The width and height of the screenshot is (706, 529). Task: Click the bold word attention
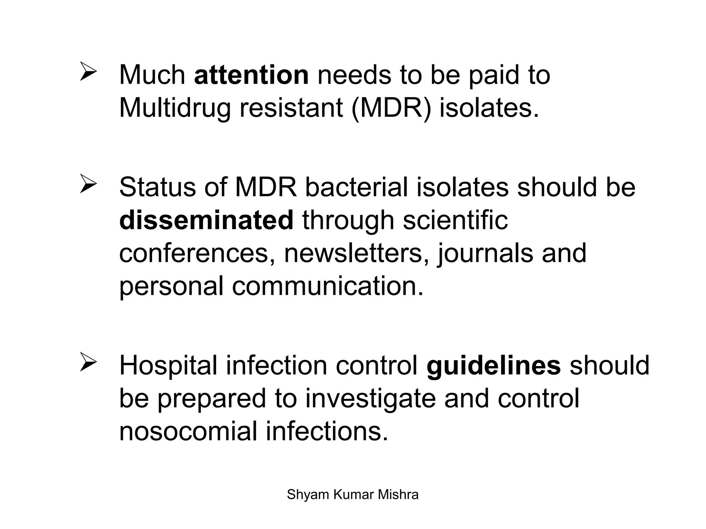click(x=251, y=75)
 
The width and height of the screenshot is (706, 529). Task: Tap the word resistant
click(x=291, y=107)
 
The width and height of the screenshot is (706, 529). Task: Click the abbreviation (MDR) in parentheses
click(x=391, y=108)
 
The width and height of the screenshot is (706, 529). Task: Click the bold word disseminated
click(x=206, y=220)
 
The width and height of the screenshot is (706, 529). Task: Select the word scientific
click(x=455, y=220)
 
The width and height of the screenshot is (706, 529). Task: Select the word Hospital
click(x=168, y=366)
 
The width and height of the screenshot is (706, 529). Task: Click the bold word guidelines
click(x=494, y=366)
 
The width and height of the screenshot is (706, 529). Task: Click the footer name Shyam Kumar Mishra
click(x=353, y=495)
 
